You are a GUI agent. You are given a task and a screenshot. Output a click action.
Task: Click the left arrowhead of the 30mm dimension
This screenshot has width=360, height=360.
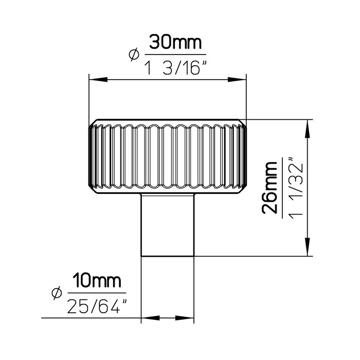click(x=98, y=79)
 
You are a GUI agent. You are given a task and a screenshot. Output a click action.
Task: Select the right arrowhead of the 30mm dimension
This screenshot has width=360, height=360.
click(x=237, y=79)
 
